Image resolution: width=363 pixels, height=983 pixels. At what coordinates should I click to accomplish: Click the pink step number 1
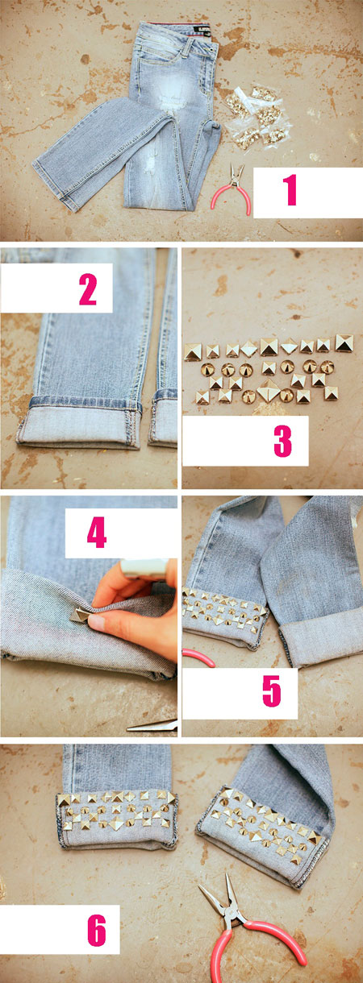(x=290, y=190)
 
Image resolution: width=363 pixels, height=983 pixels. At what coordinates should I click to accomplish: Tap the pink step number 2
(x=88, y=289)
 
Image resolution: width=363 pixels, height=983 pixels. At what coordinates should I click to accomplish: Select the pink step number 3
(x=282, y=442)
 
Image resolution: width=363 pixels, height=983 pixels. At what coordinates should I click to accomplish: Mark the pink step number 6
(x=97, y=931)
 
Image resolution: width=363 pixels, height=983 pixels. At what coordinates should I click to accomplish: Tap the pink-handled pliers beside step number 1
(x=232, y=189)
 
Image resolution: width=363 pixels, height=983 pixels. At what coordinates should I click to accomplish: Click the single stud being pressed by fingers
(x=80, y=614)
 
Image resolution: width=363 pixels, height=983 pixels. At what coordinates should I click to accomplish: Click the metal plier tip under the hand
(x=152, y=725)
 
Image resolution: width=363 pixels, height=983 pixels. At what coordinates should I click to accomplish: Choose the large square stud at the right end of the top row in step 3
(x=344, y=342)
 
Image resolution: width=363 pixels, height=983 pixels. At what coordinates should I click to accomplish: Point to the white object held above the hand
(x=144, y=567)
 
